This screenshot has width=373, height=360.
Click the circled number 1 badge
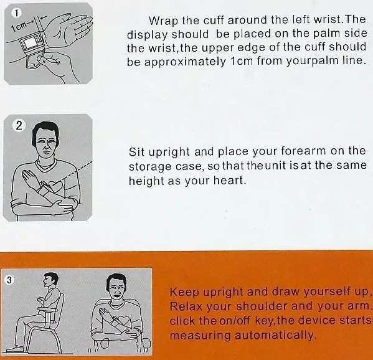(16, 13)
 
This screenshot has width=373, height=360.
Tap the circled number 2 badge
(19, 125)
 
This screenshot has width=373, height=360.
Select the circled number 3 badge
(9, 280)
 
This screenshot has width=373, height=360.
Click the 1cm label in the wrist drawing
(19, 27)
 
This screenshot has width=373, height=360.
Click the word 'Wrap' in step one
(163, 21)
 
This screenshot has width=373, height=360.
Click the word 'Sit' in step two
(136, 152)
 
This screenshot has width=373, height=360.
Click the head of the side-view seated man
(50, 280)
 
